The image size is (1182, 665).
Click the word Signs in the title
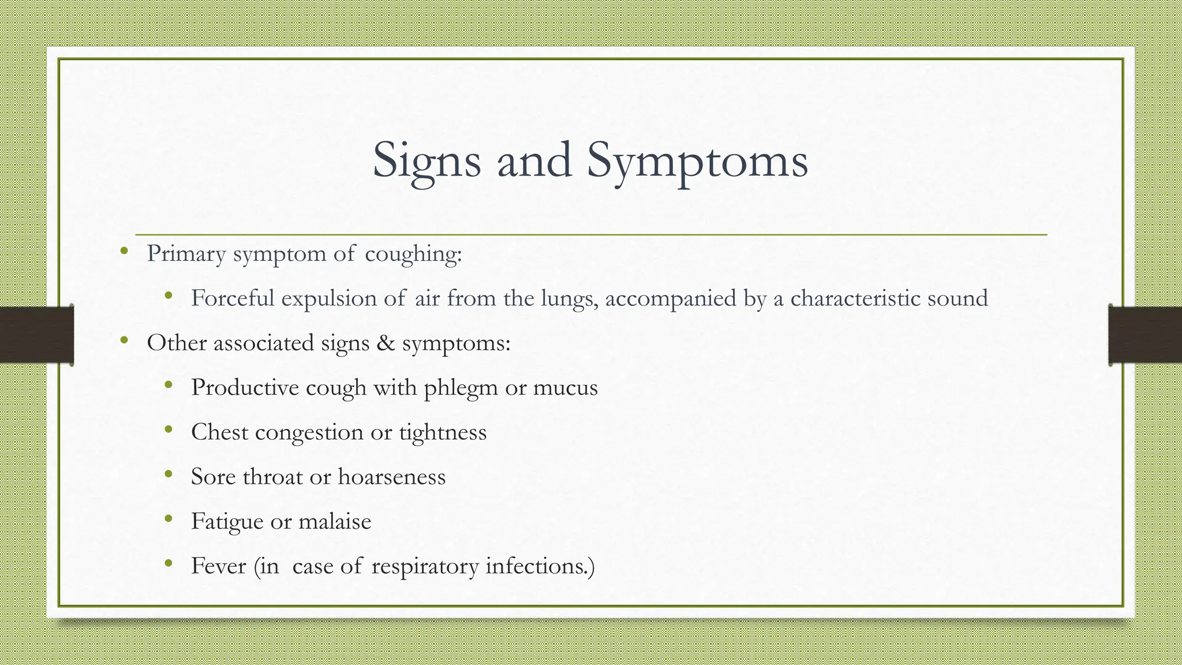tap(427, 161)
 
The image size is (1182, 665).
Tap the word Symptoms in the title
tap(697, 161)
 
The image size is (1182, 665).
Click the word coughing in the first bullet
tap(413, 254)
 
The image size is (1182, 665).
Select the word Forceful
tap(233, 298)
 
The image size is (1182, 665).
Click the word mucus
tap(565, 387)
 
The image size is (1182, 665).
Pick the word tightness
tap(443, 432)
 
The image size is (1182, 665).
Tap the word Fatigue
tap(227, 522)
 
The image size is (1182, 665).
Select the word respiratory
tap(425, 566)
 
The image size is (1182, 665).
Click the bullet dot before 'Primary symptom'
tap(124, 251)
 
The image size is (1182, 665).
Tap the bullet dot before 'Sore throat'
tap(168, 475)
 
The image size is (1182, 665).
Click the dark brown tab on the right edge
tap(1145, 335)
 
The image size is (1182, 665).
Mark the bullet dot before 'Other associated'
tap(124, 341)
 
